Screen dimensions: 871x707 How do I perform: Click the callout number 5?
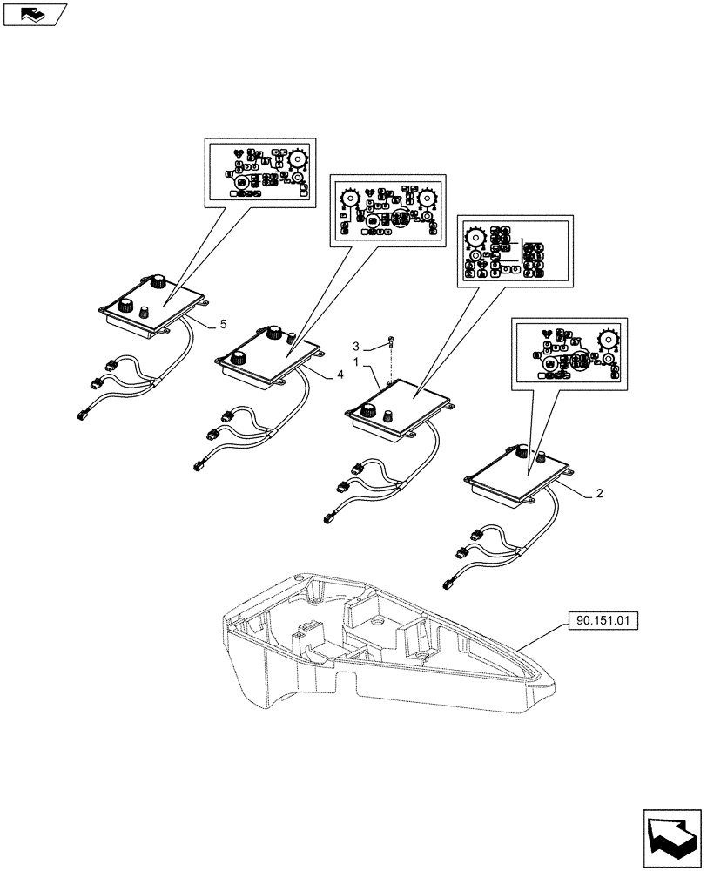click(x=223, y=324)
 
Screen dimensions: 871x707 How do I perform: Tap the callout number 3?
click(x=355, y=346)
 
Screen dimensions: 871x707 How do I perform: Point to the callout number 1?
click(x=355, y=361)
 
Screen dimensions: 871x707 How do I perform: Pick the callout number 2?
click(x=599, y=493)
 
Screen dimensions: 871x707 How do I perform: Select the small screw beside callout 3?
click(x=391, y=341)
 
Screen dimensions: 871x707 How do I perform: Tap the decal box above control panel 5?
click(x=259, y=172)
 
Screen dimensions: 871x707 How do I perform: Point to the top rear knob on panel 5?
click(x=158, y=282)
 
